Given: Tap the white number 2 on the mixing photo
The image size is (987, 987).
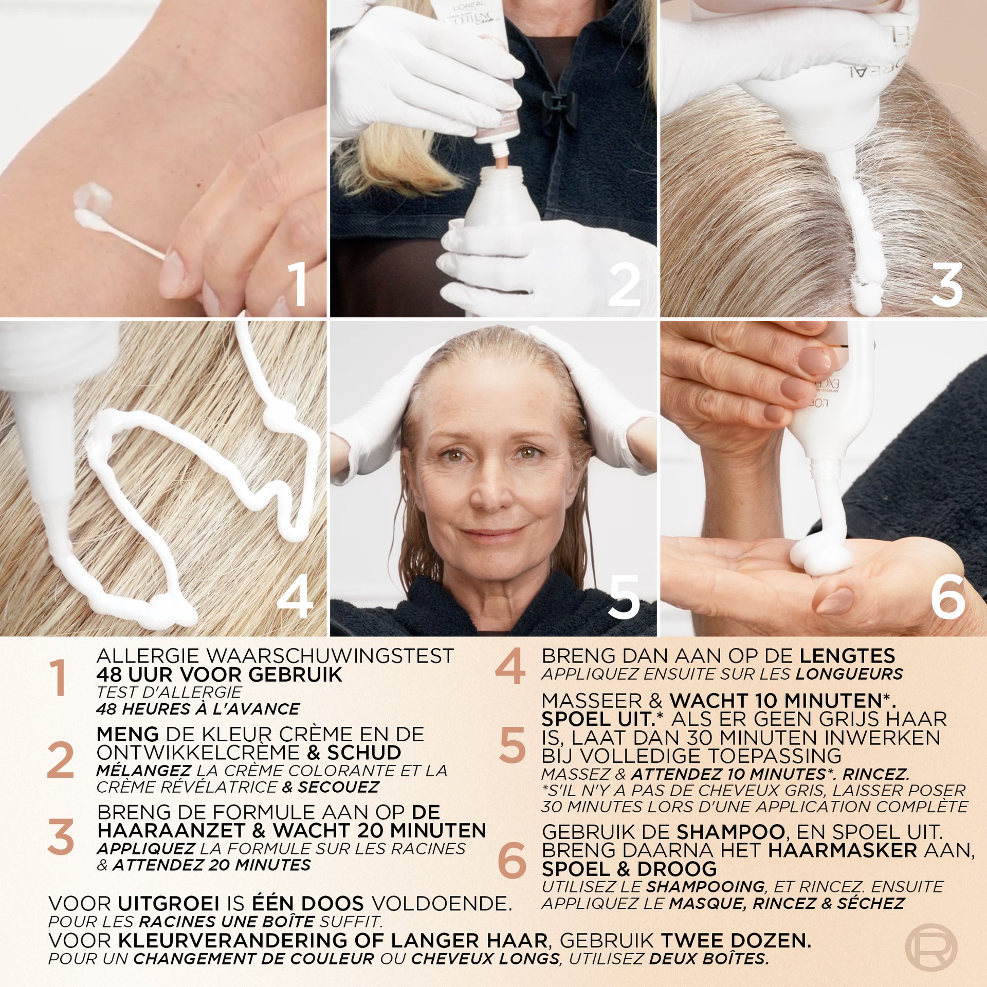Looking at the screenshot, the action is tap(624, 284).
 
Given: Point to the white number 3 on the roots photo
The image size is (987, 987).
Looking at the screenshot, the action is tap(946, 284).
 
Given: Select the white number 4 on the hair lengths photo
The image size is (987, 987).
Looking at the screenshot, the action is tap(295, 596).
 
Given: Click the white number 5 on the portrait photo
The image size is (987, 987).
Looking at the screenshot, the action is tap(624, 596).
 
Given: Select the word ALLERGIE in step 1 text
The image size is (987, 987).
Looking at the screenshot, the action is tap(149, 656).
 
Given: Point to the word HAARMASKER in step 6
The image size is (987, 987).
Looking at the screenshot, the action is tap(843, 850).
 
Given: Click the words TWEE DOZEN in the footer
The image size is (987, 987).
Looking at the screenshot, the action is tap(736, 940).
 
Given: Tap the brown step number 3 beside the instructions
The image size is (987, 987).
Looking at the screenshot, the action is tap(61, 838).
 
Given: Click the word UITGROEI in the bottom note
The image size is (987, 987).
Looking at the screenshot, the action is tap(169, 903).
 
